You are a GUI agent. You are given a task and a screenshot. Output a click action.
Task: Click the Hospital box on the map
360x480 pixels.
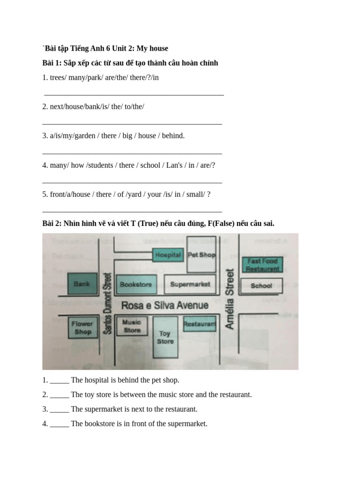(168, 255)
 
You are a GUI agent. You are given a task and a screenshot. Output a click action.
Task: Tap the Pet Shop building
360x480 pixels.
(201, 255)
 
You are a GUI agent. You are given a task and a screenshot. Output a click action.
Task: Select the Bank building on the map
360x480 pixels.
(82, 284)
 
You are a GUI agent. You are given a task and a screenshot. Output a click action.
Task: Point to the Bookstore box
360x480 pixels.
(136, 285)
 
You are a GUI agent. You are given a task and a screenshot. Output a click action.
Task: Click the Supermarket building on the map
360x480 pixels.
(190, 285)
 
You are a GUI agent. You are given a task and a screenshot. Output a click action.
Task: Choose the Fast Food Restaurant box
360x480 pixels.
(262, 265)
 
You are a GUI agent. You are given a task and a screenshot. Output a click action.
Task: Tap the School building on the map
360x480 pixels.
(261, 285)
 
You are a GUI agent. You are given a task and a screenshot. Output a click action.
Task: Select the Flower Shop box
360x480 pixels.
(82, 328)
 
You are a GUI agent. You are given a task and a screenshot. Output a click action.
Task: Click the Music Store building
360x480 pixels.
(132, 326)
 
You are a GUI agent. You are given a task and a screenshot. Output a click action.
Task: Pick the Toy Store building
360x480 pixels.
(165, 337)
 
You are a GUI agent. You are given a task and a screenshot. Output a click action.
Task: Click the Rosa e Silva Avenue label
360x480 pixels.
(165, 306)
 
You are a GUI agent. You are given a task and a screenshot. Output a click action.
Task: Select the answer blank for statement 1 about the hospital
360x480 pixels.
(60, 380)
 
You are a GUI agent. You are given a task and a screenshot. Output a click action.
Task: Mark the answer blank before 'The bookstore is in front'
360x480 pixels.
(60, 424)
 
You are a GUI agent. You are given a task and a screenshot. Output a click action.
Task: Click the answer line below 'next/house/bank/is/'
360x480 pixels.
(132, 123)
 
